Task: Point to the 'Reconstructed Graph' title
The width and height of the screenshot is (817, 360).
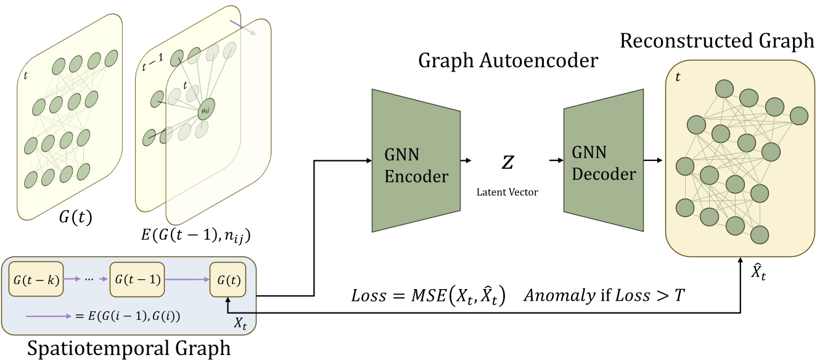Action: [717, 41]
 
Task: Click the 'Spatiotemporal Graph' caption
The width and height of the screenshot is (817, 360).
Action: [128, 349]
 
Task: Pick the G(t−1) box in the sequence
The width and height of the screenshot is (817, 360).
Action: [136, 279]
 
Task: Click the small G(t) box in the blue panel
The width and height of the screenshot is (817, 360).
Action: [228, 279]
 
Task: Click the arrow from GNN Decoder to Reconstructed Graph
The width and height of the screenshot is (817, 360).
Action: [653, 162]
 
